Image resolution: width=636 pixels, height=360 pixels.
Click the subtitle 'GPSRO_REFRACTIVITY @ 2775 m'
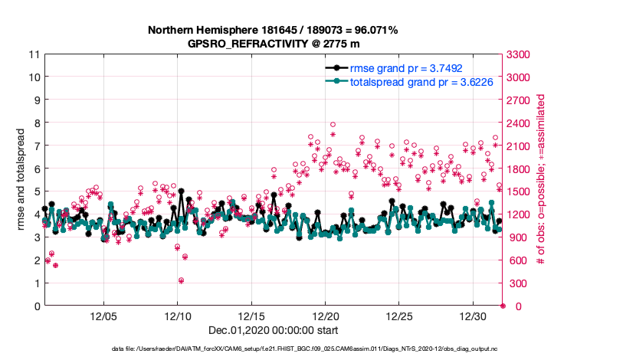point(273,44)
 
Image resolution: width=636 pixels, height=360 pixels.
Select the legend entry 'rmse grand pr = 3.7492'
point(394,68)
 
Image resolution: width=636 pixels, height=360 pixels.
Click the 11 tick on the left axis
point(33,54)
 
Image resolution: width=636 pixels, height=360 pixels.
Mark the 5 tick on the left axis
point(36,191)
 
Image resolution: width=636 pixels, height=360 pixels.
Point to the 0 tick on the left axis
point(36,306)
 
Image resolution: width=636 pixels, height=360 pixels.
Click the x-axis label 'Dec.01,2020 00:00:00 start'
point(273,330)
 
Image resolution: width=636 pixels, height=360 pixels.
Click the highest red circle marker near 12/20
point(333,124)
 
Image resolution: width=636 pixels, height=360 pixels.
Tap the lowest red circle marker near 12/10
point(181,280)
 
